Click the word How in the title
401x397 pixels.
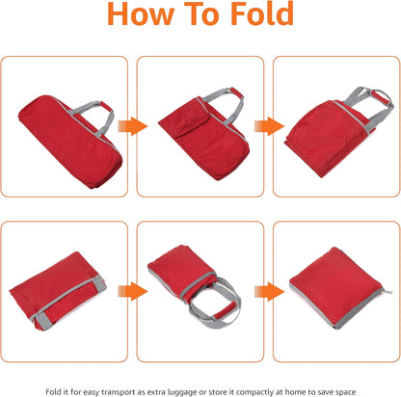141,13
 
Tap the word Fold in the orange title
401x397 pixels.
262,13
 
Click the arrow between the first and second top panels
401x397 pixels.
133,126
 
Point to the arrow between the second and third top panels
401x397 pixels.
269,126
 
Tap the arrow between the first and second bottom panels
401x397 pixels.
133,291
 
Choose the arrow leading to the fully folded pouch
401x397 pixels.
269,291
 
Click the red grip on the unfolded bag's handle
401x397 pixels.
106,107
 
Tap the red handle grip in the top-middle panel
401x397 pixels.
236,93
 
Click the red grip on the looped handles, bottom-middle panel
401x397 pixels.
225,311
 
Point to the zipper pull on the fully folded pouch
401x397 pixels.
388,292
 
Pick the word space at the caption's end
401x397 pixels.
346,392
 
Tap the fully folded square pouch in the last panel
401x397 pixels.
338,288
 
